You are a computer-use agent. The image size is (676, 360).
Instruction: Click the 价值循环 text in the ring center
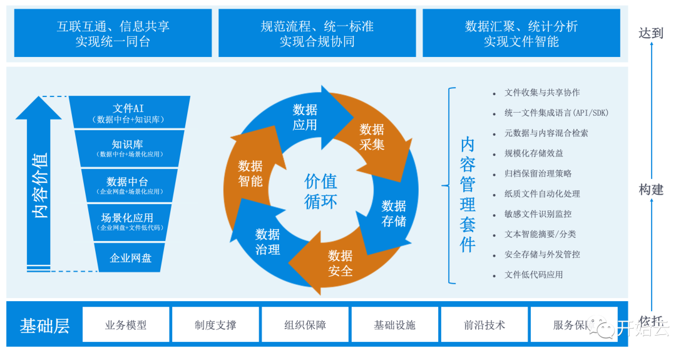[x=320, y=191]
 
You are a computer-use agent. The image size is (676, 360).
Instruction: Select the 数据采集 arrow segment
[x=372, y=137]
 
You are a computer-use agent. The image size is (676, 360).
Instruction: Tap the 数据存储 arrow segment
[x=394, y=213]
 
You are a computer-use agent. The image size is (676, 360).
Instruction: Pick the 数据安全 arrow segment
[x=340, y=263]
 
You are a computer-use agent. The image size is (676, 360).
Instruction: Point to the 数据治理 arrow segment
[x=267, y=241]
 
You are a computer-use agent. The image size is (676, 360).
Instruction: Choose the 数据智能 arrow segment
[x=250, y=173]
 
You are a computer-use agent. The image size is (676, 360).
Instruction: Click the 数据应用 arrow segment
[x=305, y=117]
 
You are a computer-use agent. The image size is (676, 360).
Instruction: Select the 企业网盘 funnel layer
[x=130, y=257]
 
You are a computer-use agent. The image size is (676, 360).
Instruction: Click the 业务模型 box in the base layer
[x=126, y=325]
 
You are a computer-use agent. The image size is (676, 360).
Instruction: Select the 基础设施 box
[x=394, y=325]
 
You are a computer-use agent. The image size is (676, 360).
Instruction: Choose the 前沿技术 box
[x=484, y=325]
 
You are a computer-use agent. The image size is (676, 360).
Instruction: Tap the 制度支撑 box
[x=215, y=325]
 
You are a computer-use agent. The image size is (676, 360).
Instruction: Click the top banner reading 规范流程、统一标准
[x=317, y=33]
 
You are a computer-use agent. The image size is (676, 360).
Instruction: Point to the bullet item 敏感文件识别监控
[x=538, y=213]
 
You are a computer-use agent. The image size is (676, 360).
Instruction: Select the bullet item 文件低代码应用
[x=533, y=274]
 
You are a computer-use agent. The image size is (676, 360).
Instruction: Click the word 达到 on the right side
[x=651, y=33]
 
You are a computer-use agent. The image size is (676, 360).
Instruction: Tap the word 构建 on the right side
[x=651, y=190]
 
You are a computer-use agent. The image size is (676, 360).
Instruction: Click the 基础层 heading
[x=44, y=326]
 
